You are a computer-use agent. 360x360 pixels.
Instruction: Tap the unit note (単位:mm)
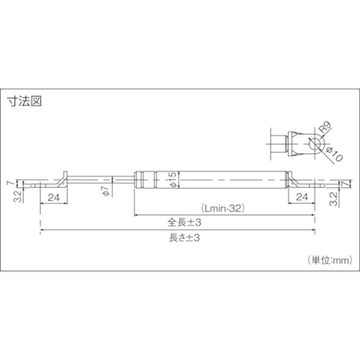click(328, 260)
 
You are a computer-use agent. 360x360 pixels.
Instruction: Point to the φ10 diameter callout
click(334, 151)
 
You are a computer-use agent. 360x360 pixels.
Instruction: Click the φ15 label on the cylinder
click(172, 180)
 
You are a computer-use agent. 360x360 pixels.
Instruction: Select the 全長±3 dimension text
click(184, 222)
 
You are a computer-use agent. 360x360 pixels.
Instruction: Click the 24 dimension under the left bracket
click(55, 197)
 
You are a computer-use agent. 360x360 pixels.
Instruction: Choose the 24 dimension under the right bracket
click(302, 197)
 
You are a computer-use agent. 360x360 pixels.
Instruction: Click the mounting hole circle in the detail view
click(315, 144)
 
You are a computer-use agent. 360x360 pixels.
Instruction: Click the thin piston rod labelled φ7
click(121, 179)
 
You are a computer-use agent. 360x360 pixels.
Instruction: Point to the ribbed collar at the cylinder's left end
click(142, 179)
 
